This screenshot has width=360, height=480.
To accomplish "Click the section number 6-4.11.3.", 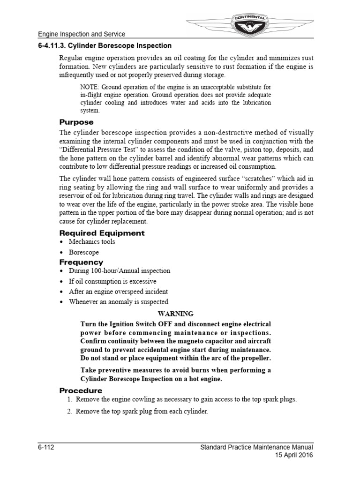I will (x=55, y=46).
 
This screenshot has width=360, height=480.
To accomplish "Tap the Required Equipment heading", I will (x=102, y=233).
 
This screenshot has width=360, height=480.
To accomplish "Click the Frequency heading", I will (x=81, y=262).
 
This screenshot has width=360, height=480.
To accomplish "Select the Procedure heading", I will (x=81, y=390).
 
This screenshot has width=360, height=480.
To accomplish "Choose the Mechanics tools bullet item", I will (x=91, y=242).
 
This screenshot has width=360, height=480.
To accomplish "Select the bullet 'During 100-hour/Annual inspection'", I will (x=119, y=271).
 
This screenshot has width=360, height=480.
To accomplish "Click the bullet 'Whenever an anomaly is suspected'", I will (x=118, y=302).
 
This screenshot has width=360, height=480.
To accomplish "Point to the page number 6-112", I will (x=47, y=447).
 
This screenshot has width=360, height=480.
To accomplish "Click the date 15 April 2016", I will (x=294, y=455).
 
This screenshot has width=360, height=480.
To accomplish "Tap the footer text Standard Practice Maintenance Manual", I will (x=256, y=447).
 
